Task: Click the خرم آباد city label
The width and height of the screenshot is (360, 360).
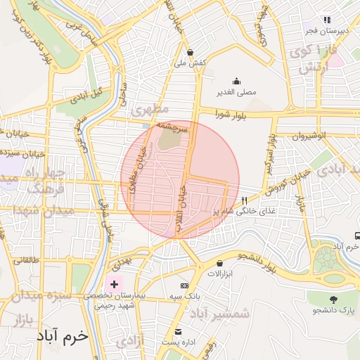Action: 64,336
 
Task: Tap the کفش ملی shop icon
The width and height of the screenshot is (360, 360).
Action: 191,51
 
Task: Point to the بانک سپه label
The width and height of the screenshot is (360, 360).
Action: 184,297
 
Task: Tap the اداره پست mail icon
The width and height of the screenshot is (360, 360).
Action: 177,330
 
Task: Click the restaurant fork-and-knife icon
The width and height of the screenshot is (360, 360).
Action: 244,200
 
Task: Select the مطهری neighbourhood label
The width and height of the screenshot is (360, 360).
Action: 150,110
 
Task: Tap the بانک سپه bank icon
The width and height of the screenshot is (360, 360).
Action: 184,285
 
